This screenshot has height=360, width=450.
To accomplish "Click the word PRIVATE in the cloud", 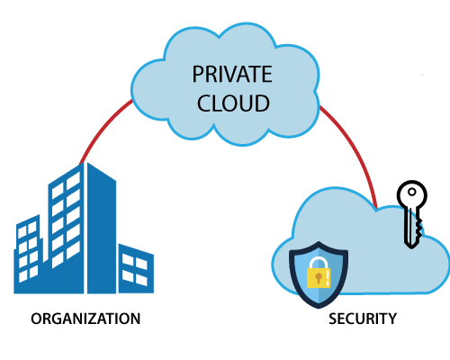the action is [x=232, y=74].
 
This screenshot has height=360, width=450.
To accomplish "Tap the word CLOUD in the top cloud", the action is [x=233, y=103].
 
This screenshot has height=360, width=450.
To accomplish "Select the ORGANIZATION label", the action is [x=85, y=319].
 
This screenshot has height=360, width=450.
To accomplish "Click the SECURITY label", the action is [x=363, y=319].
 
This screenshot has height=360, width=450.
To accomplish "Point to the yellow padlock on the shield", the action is [x=319, y=272].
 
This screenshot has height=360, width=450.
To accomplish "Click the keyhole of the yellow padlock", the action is [x=319, y=277].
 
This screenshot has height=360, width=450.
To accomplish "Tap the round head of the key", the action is [x=412, y=193].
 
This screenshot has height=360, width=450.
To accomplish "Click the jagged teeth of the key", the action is [x=418, y=229].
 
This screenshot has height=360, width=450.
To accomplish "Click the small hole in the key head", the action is [x=412, y=192].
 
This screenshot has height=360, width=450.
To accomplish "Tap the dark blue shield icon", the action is [x=319, y=274].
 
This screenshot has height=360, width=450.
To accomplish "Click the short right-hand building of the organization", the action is [x=136, y=269].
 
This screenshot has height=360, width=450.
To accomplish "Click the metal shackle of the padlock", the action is [x=319, y=263].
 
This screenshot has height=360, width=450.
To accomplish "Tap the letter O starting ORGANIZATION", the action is [x=36, y=319].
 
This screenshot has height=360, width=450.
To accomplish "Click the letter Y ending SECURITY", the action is [x=391, y=319].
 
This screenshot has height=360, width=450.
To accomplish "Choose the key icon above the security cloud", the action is [x=412, y=214].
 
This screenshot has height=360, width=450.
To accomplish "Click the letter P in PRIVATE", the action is [x=198, y=74].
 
